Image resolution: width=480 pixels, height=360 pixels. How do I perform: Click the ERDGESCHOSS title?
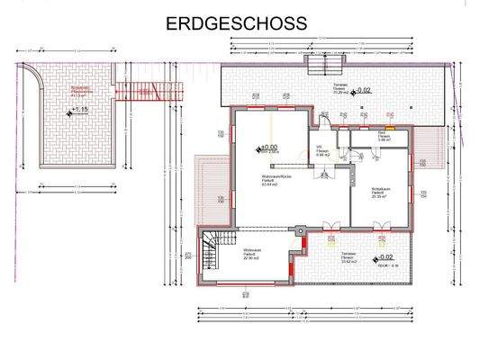(x=237, y=22)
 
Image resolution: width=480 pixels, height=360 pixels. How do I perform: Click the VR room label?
(x=320, y=152)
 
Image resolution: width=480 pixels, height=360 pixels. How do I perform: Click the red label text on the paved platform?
(x=83, y=92)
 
